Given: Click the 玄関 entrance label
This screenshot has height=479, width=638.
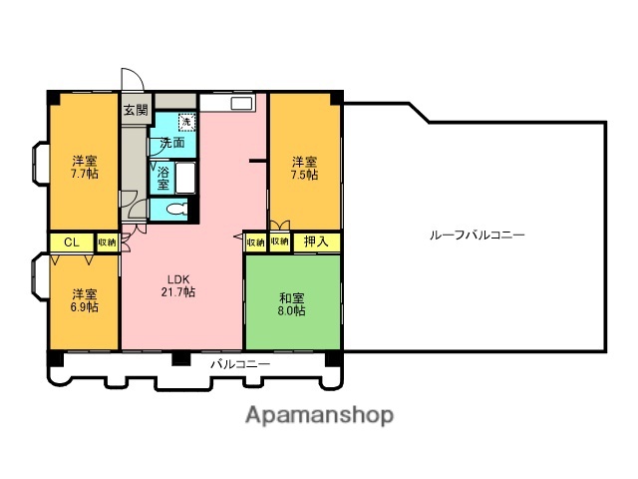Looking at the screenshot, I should click(136, 110).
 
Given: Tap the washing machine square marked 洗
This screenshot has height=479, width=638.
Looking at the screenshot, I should click(186, 122).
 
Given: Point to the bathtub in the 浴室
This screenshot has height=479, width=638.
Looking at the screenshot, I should click(185, 178).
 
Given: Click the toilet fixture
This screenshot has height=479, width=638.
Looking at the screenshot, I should click(176, 210).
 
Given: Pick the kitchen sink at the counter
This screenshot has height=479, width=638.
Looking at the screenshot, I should click(241, 102).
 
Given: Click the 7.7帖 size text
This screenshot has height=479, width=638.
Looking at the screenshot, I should click(85, 174).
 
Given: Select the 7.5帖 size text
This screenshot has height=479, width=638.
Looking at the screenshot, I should click(305, 175).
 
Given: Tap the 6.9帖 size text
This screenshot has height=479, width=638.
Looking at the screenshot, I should click(85, 307).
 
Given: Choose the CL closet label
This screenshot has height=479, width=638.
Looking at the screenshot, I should click(71, 242).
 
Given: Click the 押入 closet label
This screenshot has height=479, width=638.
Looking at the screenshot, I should click(315, 241).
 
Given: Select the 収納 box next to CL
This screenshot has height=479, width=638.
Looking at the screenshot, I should click(108, 242).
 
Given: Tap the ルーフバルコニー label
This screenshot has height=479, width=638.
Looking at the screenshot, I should click(477, 235).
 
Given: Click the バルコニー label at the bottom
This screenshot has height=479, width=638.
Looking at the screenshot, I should click(240, 365).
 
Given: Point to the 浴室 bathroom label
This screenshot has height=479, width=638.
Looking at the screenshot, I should click(163, 177).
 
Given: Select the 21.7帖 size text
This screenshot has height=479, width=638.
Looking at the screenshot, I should click(180, 292).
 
